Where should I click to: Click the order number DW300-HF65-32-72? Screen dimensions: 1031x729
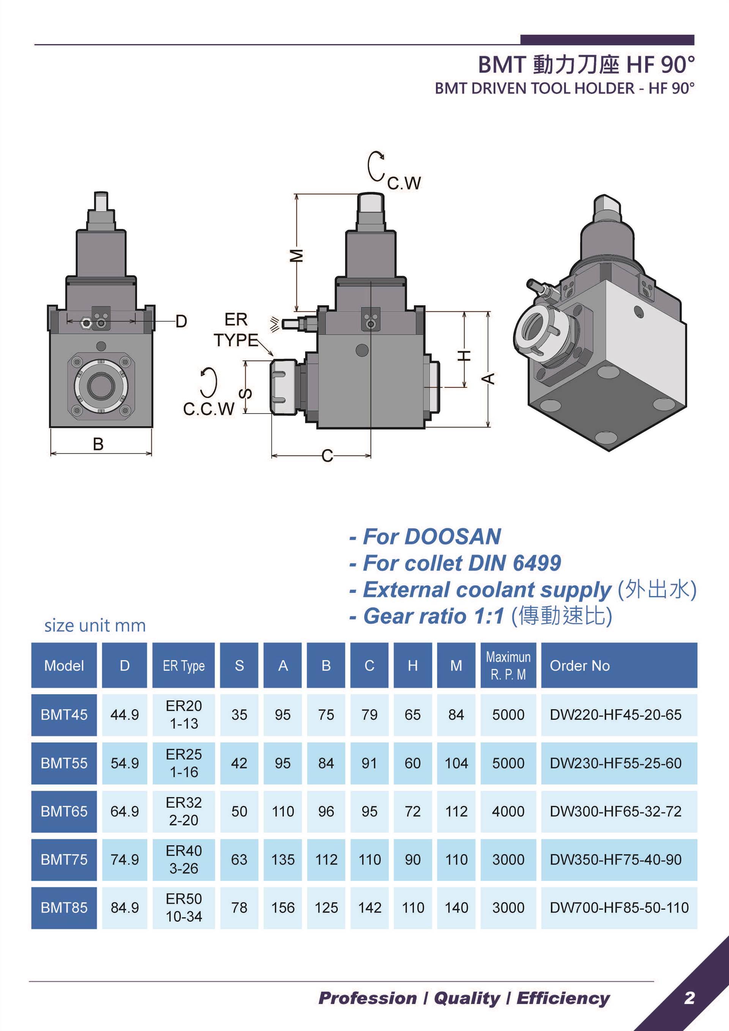pos(615,812)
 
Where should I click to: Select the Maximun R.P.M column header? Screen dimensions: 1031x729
pos(508,665)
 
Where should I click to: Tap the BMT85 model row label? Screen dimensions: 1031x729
pos(64,908)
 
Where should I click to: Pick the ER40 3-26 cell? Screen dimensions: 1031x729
pos(184,859)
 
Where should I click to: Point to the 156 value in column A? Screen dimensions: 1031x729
pos(283,908)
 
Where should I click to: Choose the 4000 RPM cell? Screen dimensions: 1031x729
pos(508,812)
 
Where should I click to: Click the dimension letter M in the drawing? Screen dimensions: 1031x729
pos(297,255)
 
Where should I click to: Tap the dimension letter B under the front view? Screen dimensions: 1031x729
pos(98,444)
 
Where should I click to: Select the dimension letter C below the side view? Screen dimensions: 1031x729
pos(327,456)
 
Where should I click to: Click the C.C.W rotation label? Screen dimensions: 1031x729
pos(209,409)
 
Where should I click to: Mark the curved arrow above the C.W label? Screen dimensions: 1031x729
pos(375,165)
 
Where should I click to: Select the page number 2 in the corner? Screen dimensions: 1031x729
pos(690,998)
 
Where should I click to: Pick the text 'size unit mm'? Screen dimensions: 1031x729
pos(95,625)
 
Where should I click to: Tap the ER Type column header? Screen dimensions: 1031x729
pos(184,665)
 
